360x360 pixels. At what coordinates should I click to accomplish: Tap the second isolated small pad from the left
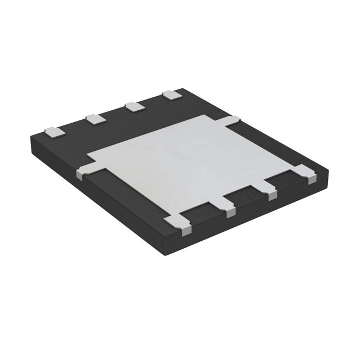(94, 118)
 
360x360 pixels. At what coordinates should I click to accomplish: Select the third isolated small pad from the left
(133, 106)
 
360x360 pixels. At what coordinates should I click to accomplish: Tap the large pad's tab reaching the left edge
(81, 170)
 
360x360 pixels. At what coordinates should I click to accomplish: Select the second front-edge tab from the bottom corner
(229, 209)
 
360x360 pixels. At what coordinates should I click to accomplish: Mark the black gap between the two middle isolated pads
(114, 113)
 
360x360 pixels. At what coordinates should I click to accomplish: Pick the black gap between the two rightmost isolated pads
(151, 101)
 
